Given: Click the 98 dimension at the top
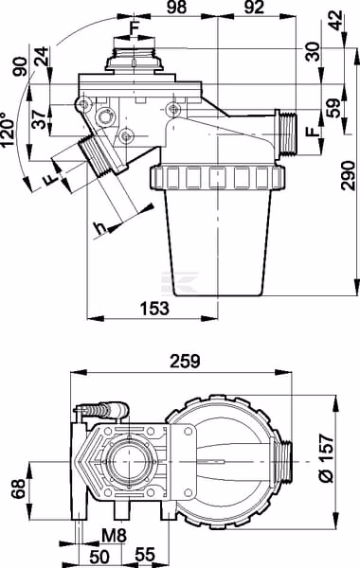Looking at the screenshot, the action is [x=177, y=8].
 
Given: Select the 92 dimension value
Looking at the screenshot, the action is [x=254, y=8].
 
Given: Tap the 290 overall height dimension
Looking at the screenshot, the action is [x=349, y=176].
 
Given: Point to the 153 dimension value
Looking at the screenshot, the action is [x=154, y=308].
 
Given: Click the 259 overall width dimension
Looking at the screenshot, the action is [x=185, y=361].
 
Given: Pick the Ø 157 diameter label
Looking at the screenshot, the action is [x=327, y=458].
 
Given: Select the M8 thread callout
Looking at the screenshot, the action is [x=114, y=536].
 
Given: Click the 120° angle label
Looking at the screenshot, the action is [x=8, y=129].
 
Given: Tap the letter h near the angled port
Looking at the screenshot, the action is [x=99, y=228].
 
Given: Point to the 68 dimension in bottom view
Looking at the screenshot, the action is [x=18, y=488].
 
